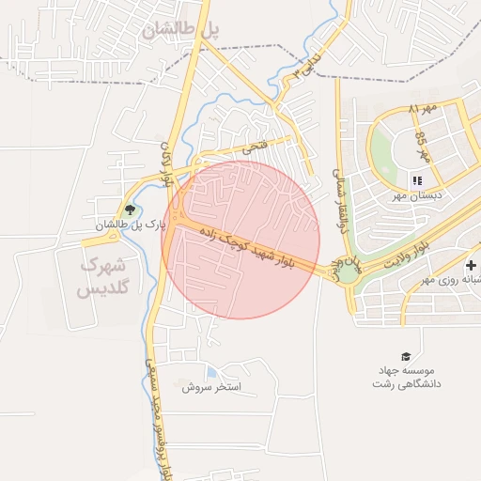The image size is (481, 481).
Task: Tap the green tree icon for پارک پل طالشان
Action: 129,209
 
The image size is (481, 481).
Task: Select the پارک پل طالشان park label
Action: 129,225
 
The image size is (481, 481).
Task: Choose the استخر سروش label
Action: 211,387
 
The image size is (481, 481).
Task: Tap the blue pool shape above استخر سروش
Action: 211,373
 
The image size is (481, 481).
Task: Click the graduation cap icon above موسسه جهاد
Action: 406,357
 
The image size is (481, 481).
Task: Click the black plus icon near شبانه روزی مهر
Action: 470,266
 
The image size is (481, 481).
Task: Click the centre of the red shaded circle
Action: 240,240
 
